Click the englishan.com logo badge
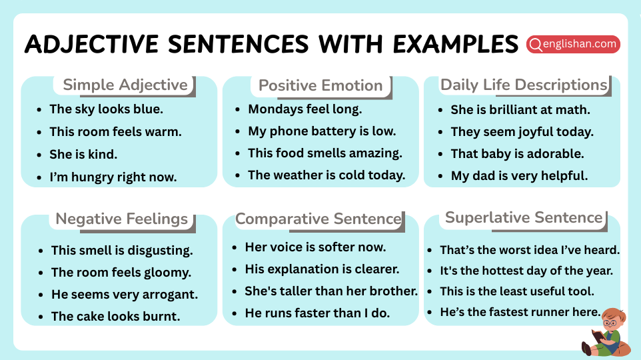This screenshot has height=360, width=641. pyautogui.click(x=573, y=44)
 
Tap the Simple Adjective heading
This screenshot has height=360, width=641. pyautogui.click(x=125, y=85)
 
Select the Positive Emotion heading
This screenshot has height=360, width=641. pyautogui.click(x=320, y=85)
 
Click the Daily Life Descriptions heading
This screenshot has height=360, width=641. pyautogui.click(x=524, y=85)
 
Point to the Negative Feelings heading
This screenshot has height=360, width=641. pyautogui.click(x=121, y=219)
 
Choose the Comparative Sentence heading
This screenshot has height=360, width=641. pyautogui.click(x=319, y=219)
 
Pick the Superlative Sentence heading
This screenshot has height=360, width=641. pyautogui.click(x=524, y=217)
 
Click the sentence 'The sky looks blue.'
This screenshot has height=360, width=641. pyautogui.click(x=106, y=109)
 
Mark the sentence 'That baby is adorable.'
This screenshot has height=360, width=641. pyautogui.click(x=517, y=153)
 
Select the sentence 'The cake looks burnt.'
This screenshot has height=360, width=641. pyautogui.click(x=115, y=316)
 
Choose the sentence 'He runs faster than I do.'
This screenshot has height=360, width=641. pyautogui.click(x=317, y=313)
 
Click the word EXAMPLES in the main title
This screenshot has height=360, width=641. pyautogui.click(x=454, y=44)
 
